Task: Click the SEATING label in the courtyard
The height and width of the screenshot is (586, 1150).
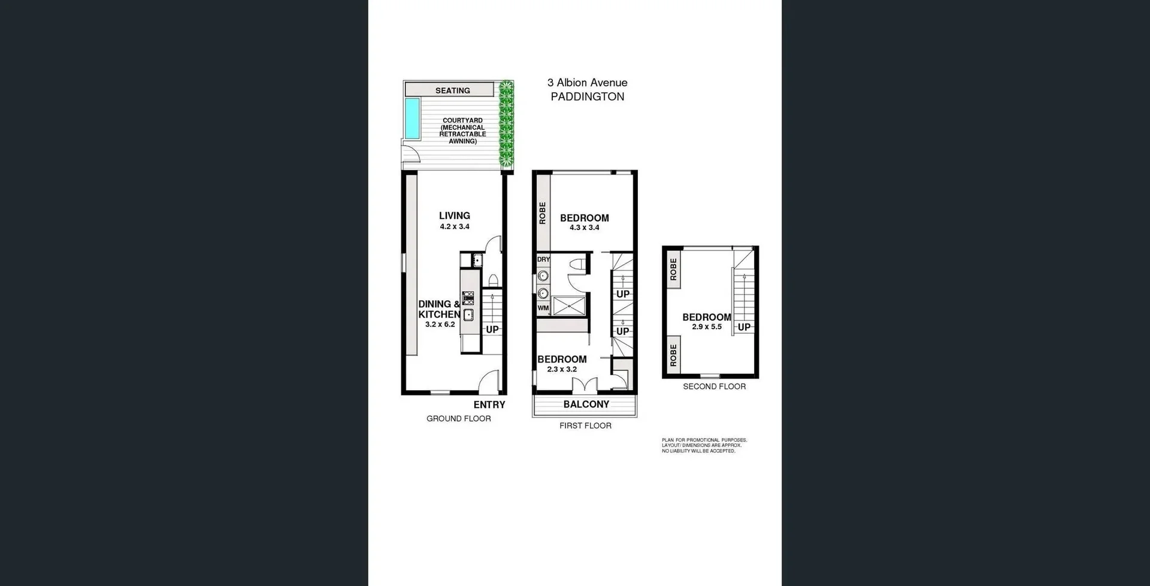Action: tap(452, 90)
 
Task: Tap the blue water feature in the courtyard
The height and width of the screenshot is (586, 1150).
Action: tap(411, 117)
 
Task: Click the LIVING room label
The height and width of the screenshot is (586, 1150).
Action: tap(454, 216)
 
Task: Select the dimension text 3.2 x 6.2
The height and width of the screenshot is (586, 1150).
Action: tap(440, 325)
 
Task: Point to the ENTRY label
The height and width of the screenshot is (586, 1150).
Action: tap(489, 405)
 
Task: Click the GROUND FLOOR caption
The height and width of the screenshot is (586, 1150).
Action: tap(458, 419)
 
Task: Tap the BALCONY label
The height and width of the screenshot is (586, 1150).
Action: tap(586, 404)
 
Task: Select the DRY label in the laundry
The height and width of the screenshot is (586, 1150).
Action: tap(543, 259)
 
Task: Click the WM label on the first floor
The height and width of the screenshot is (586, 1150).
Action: tap(543, 308)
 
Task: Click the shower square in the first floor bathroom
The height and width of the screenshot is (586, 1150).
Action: tap(569, 306)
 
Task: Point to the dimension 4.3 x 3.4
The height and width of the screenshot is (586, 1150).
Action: tap(584, 228)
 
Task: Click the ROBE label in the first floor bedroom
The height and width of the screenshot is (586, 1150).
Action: tap(543, 213)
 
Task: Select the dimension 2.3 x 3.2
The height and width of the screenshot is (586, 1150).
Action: tap(561, 370)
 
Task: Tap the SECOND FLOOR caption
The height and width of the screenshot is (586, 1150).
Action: tap(714, 386)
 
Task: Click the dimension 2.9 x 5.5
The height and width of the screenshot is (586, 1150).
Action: tap(706, 327)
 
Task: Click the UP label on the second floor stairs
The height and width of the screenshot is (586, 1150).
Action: tap(744, 327)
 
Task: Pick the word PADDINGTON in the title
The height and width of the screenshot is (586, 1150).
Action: tap(587, 97)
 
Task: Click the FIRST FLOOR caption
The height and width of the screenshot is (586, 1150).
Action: tap(585, 426)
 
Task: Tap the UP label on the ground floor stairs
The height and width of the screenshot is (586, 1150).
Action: tap(492, 330)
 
